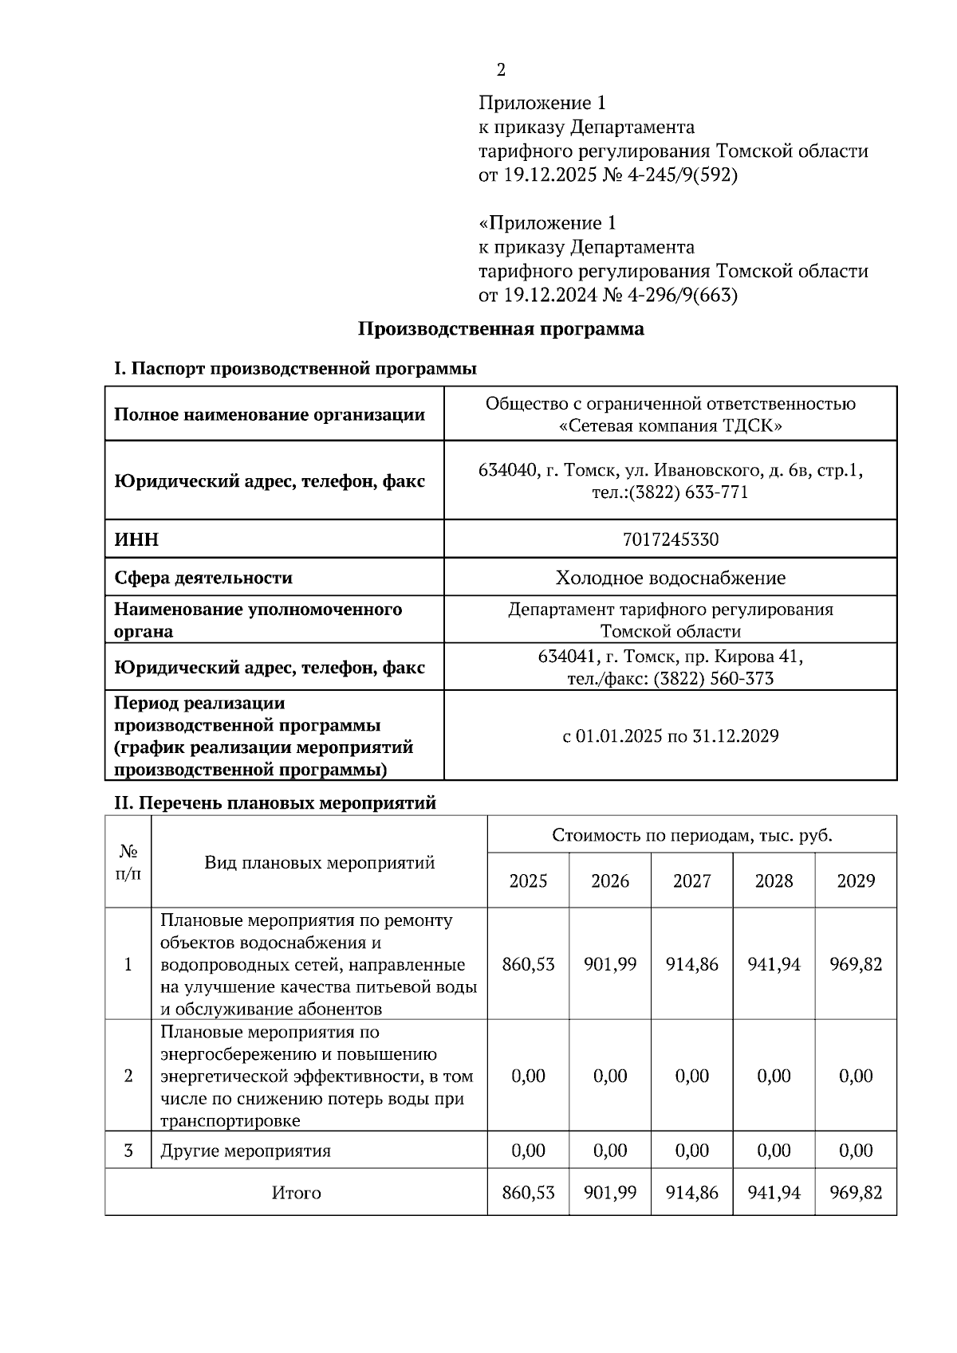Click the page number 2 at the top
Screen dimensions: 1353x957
coord(501,70)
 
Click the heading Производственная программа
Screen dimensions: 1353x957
coord(500,328)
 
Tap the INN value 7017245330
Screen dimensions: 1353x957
coord(670,539)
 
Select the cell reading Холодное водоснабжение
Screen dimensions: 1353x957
coord(670,578)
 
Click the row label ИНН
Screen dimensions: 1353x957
coord(136,539)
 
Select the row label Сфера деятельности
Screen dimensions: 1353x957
coord(203,578)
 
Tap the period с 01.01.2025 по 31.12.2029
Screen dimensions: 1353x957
coord(670,735)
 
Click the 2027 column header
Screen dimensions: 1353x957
coord(691,880)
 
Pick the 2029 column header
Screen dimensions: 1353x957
coord(856,880)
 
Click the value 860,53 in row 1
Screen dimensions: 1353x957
coord(528,964)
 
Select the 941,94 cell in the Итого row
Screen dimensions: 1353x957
coord(774,1193)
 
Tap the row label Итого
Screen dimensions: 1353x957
coord(296,1193)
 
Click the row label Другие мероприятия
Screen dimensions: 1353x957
coord(246,1151)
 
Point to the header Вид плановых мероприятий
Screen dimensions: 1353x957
coord(319,862)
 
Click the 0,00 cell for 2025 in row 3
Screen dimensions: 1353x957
coord(528,1151)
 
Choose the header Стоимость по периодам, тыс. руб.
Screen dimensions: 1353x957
coord(691,835)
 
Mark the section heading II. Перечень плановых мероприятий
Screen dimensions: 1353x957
coord(275,802)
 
